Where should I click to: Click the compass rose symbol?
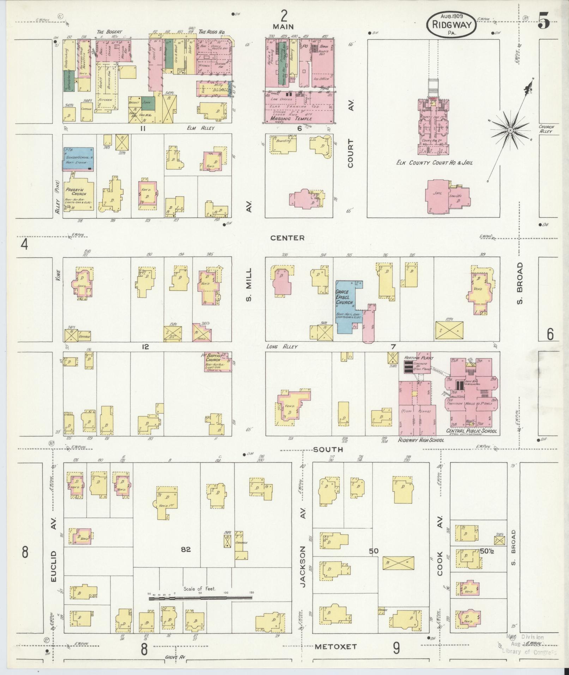510,131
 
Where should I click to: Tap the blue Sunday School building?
79,159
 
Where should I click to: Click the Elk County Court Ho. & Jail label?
434,163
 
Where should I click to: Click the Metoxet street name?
335,647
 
